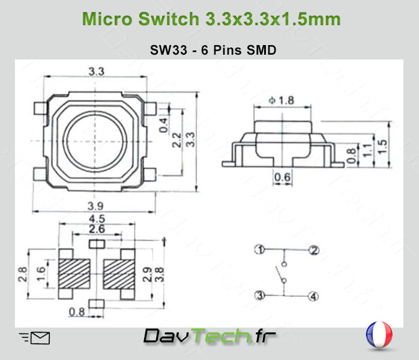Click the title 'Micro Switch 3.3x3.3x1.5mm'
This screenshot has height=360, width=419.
click(x=211, y=19)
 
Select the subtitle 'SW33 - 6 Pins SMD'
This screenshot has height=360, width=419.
click(x=213, y=50)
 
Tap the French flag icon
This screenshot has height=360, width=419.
click(x=378, y=335)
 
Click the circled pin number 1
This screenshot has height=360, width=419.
click(x=259, y=249)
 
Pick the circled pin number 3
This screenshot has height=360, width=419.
click(x=259, y=295)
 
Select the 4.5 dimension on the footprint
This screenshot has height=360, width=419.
click(x=96, y=218)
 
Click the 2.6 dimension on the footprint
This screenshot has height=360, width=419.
click(x=96, y=228)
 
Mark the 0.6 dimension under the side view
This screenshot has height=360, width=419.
click(x=282, y=176)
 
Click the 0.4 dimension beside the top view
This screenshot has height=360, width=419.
click(x=164, y=124)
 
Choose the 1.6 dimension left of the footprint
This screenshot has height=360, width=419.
click(x=40, y=273)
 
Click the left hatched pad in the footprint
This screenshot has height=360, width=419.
click(x=74, y=273)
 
